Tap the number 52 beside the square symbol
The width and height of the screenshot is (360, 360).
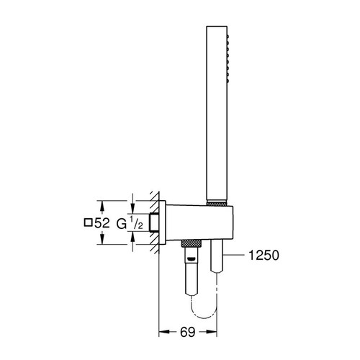(x=104, y=224)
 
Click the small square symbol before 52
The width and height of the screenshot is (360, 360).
(x=89, y=224)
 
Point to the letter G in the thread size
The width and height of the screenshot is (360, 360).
(x=123, y=224)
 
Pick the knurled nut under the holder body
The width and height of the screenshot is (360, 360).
(x=189, y=241)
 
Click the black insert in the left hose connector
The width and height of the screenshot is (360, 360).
(x=189, y=249)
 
